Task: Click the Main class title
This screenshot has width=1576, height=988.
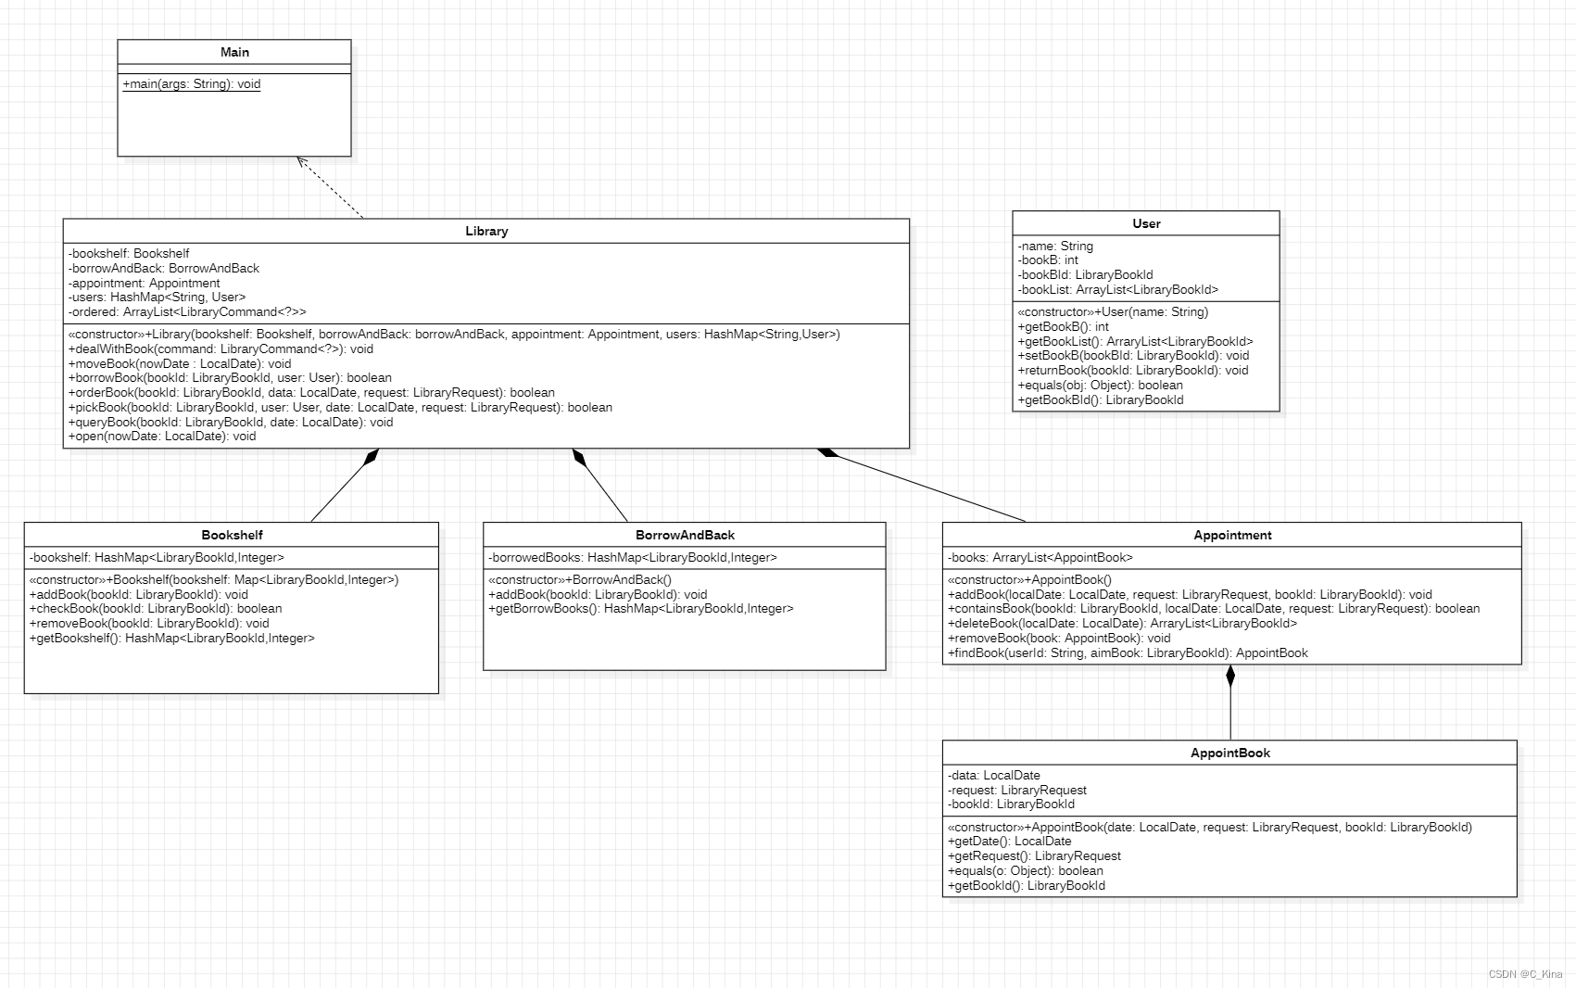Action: tap(234, 52)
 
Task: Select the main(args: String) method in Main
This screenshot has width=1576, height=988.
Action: tap(192, 84)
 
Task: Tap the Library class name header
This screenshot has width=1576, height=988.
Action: tap(486, 231)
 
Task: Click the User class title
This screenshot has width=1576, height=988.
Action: tap(1146, 223)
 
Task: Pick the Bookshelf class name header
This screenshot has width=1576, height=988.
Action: tap(232, 535)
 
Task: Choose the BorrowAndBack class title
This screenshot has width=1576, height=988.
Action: tap(685, 535)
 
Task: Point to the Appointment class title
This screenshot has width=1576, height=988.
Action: tap(1232, 535)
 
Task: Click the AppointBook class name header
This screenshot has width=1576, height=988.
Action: tap(1229, 753)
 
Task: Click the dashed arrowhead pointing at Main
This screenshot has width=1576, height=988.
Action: tap(301, 161)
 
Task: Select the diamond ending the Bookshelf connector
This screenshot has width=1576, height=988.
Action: tap(372, 456)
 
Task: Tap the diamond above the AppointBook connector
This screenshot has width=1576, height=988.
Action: tap(1230, 676)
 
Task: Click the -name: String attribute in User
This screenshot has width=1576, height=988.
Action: tap(1055, 246)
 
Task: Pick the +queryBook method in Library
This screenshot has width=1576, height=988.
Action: tap(231, 422)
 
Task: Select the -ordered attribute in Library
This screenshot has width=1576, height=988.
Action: tap(187, 312)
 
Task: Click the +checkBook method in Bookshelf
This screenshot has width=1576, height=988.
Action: tap(156, 609)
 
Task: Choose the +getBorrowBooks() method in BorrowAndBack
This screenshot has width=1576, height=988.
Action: tap(641, 609)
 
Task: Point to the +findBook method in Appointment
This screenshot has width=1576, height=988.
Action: tap(1128, 652)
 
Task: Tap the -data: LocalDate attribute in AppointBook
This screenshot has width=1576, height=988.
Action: tap(994, 775)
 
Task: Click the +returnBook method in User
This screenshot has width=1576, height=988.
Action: tap(1132, 370)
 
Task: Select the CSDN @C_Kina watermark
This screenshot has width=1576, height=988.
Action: tap(1525, 974)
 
